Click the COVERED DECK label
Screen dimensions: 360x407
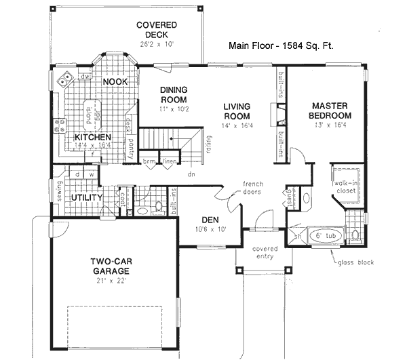coord(157,30)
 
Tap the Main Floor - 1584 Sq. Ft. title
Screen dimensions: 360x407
coord(284,47)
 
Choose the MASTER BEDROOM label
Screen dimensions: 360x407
coord(330,111)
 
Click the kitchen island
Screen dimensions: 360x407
coord(89,115)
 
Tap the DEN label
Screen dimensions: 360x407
coord(210,219)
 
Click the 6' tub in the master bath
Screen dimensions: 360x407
coord(322,235)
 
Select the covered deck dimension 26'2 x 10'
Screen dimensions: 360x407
coord(157,44)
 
